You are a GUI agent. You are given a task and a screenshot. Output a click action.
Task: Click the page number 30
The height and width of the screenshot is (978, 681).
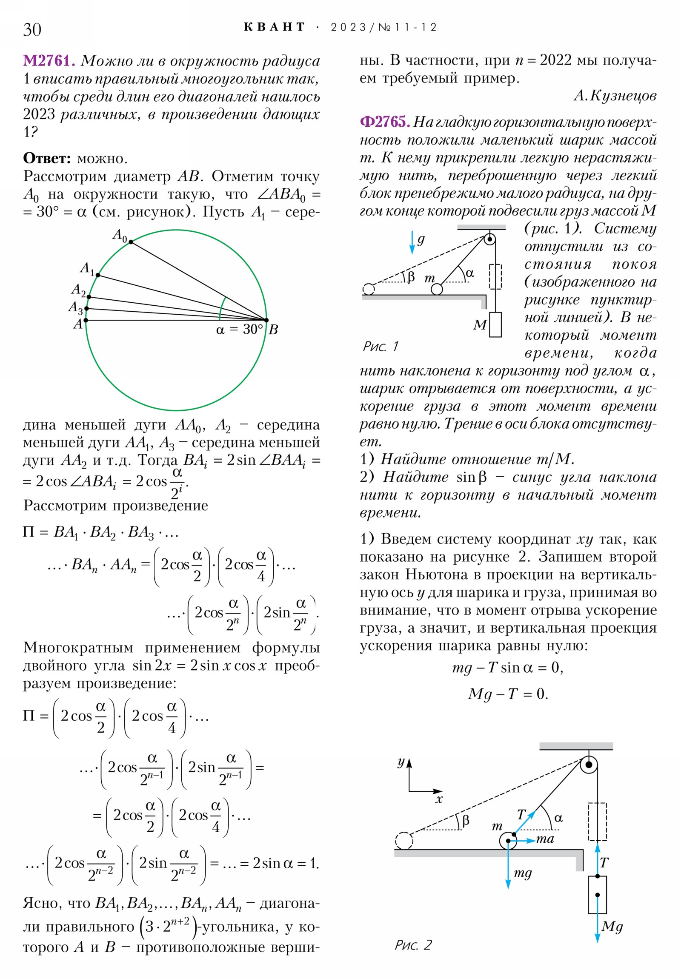tap(32, 29)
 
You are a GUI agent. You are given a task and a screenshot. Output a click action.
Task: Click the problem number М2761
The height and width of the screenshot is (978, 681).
tap(49, 60)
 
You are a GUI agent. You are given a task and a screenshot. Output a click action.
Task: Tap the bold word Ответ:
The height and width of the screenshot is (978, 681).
tap(47, 158)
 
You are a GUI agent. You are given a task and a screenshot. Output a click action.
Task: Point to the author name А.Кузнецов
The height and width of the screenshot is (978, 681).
tap(615, 96)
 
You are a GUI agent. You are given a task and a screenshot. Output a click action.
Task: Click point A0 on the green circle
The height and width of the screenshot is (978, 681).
tap(131, 242)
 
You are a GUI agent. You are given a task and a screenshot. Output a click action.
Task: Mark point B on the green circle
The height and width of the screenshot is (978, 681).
tap(266, 320)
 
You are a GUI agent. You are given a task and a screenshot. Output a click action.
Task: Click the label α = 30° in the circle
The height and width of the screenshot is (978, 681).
tap(239, 329)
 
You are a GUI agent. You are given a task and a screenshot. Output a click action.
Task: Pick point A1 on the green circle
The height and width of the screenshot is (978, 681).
tap(97, 275)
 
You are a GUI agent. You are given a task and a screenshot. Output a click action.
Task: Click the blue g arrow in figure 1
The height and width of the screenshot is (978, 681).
tap(412, 242)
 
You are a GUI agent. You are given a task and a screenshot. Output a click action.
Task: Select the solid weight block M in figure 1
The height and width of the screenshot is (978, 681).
tap(495, 324)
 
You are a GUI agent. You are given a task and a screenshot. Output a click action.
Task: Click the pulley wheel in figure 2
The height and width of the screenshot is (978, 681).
tap(589, 765)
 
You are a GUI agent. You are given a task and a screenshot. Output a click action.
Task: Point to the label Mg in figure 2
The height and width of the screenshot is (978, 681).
tap(612, 926)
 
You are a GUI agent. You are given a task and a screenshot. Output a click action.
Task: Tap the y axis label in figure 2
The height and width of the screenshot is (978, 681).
tap(401, 762)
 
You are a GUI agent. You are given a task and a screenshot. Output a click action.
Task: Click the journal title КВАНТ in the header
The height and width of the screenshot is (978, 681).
tap(274, 27)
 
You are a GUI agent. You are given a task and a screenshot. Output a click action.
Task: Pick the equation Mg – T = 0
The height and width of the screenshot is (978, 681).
tap(507, 694)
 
